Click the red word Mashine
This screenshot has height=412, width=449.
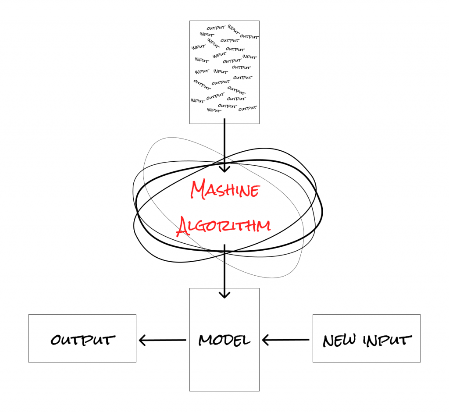click(225, 191)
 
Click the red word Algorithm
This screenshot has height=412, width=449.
click(223, 226)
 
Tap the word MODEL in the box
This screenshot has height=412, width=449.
click(224, 340)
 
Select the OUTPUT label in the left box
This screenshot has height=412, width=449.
click(83, 340)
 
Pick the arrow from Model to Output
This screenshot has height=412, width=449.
click(162, 340)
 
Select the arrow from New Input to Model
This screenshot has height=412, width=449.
click(285, 340)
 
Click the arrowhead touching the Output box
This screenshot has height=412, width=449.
click(143, 340)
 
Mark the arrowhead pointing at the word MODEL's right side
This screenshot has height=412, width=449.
click(265, 340)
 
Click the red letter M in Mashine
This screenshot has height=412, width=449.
click(199, 189)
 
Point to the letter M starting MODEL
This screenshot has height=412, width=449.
click(205, 340)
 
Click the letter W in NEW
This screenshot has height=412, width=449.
click(349, 340)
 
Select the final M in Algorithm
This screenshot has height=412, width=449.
click(263, 225)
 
